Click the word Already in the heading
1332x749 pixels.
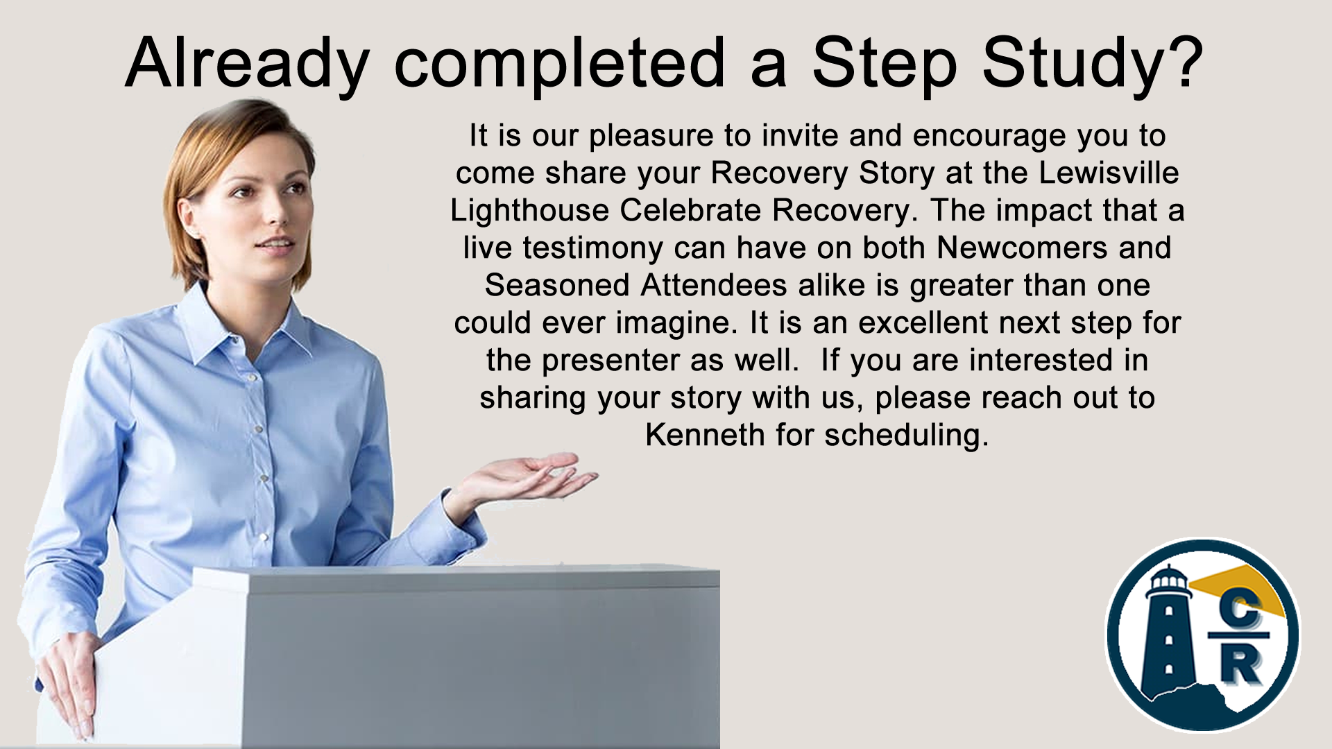coord(247,64)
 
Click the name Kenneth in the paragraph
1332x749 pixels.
coord(705,435)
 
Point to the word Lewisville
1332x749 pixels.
coord(1109,173)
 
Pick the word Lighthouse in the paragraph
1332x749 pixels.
coord(529,211)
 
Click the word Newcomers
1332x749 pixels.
coord(1022,248)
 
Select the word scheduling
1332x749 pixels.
coord(906,436)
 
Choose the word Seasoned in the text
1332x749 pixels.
coord(558,285)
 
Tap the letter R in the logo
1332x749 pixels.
coord(1240,664)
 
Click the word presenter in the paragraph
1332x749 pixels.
coord(610,361)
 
